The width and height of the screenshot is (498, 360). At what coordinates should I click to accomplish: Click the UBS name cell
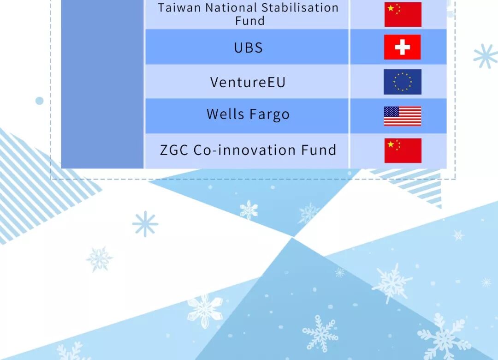click(x=247, y=47)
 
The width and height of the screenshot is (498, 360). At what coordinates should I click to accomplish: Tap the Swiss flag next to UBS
click(x=403, y=47)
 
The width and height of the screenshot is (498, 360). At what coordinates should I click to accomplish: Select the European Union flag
click(x=403, y=82)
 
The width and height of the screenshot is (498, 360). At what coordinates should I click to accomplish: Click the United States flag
click(x=403, y=116)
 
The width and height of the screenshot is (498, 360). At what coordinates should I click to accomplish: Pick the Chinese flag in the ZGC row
click(x=403, y=150)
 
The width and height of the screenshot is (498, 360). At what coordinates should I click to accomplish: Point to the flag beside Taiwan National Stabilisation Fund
click(x=403, y=15)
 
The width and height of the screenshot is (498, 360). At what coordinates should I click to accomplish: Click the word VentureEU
click(x=248, y=82)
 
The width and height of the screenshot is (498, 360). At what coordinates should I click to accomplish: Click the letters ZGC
click(x=174, y=150)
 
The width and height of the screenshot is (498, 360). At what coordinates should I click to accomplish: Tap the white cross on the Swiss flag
click(x=403, y=47)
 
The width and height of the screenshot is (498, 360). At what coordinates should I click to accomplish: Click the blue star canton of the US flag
click(x=391, y=111)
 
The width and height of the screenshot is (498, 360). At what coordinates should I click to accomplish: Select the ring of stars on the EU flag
click(x=403, y=82)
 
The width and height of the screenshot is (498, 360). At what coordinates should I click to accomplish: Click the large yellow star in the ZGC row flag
click(x=391, y=145)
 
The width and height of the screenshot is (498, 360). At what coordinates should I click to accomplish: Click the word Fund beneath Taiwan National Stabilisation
click(x=249, y=21)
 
